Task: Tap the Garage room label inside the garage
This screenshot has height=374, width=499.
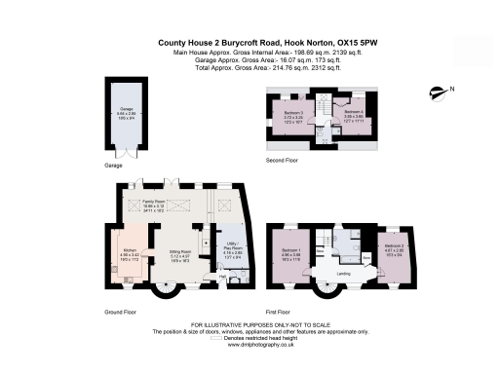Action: click(x=126, y=110)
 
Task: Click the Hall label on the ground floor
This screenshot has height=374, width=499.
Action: click(x=222, y=277)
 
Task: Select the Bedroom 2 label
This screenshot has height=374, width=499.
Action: click(x=394, y=245)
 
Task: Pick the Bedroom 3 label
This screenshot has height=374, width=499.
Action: click(x=294, y=113)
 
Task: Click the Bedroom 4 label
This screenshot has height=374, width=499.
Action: click(x=353, y=113)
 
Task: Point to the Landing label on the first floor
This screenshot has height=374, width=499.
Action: click(x=342, y=273)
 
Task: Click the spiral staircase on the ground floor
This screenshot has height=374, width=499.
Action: click(x=160, y=283)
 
